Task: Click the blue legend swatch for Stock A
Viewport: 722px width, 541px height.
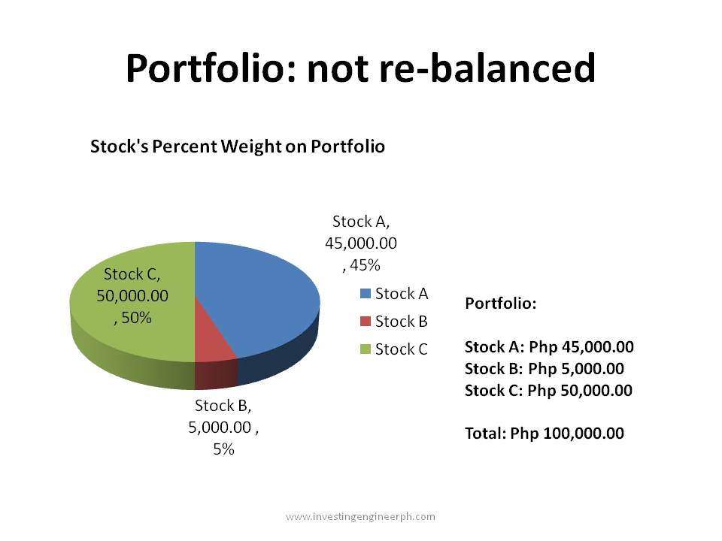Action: (366, 294)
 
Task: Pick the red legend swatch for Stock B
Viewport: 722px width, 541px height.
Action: (366, 322)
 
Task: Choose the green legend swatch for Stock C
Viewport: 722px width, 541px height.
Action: (366, 349)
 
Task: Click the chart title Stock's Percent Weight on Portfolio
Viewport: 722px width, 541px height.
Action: (237, 147)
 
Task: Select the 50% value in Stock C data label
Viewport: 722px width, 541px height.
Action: (135, 318)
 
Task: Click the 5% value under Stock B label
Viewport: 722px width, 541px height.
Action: (223, 449)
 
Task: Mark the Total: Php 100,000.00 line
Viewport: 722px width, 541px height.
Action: (544, 434)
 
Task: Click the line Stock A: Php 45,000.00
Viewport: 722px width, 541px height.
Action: (549, 347)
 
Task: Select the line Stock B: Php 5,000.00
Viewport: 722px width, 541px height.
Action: (544, 369)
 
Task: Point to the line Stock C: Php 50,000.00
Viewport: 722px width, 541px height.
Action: (548, 391)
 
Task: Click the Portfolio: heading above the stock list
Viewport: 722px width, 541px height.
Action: (501, 304)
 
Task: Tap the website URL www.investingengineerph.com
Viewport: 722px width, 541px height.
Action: (360, 516)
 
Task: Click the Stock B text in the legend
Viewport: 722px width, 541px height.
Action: (401, 322)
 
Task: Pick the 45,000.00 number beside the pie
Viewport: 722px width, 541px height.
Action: (361, 243)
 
